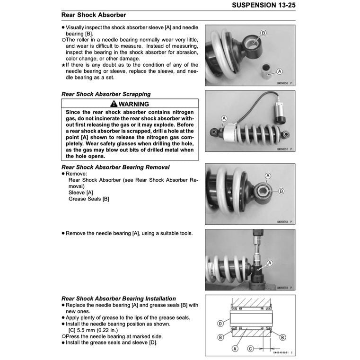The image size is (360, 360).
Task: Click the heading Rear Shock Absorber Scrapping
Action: [106, 94]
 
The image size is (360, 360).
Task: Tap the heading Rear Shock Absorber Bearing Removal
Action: [115, 167]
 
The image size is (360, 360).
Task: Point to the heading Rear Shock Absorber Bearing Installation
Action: [119, 299]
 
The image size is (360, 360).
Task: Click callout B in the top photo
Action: [263, 33]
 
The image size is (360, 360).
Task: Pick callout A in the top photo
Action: [279, 71]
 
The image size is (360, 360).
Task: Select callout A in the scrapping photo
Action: [224, 118]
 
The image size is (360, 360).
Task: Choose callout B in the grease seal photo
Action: [281, 191]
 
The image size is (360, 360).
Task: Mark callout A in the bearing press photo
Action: [270, 263]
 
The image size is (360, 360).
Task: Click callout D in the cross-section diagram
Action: [221, 324]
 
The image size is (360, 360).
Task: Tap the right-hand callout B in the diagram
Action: [282, 337]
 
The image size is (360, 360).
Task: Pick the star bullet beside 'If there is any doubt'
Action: [63, 65]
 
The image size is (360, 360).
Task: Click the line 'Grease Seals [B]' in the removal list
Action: [89, 199]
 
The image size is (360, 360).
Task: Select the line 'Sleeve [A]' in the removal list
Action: [81, 193]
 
